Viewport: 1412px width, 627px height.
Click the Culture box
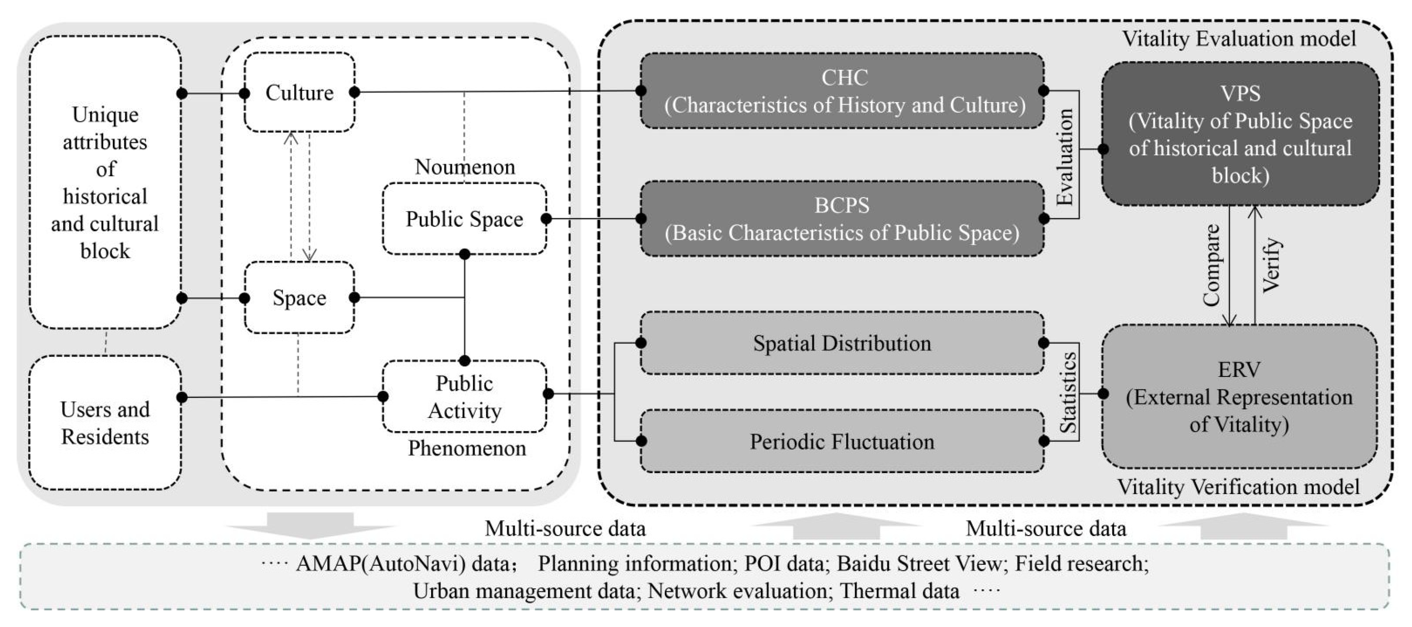[x=299, y=92]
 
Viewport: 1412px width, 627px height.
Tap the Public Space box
[x=464, y=219]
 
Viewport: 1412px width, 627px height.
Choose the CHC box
[x=842, y=91]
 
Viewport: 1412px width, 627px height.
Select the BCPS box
[x=842, y=219]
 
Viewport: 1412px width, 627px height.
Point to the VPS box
[x=1240, y=134]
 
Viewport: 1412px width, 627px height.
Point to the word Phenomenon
[x=466, y=448]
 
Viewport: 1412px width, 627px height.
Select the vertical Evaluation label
[x=1065, y=157]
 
